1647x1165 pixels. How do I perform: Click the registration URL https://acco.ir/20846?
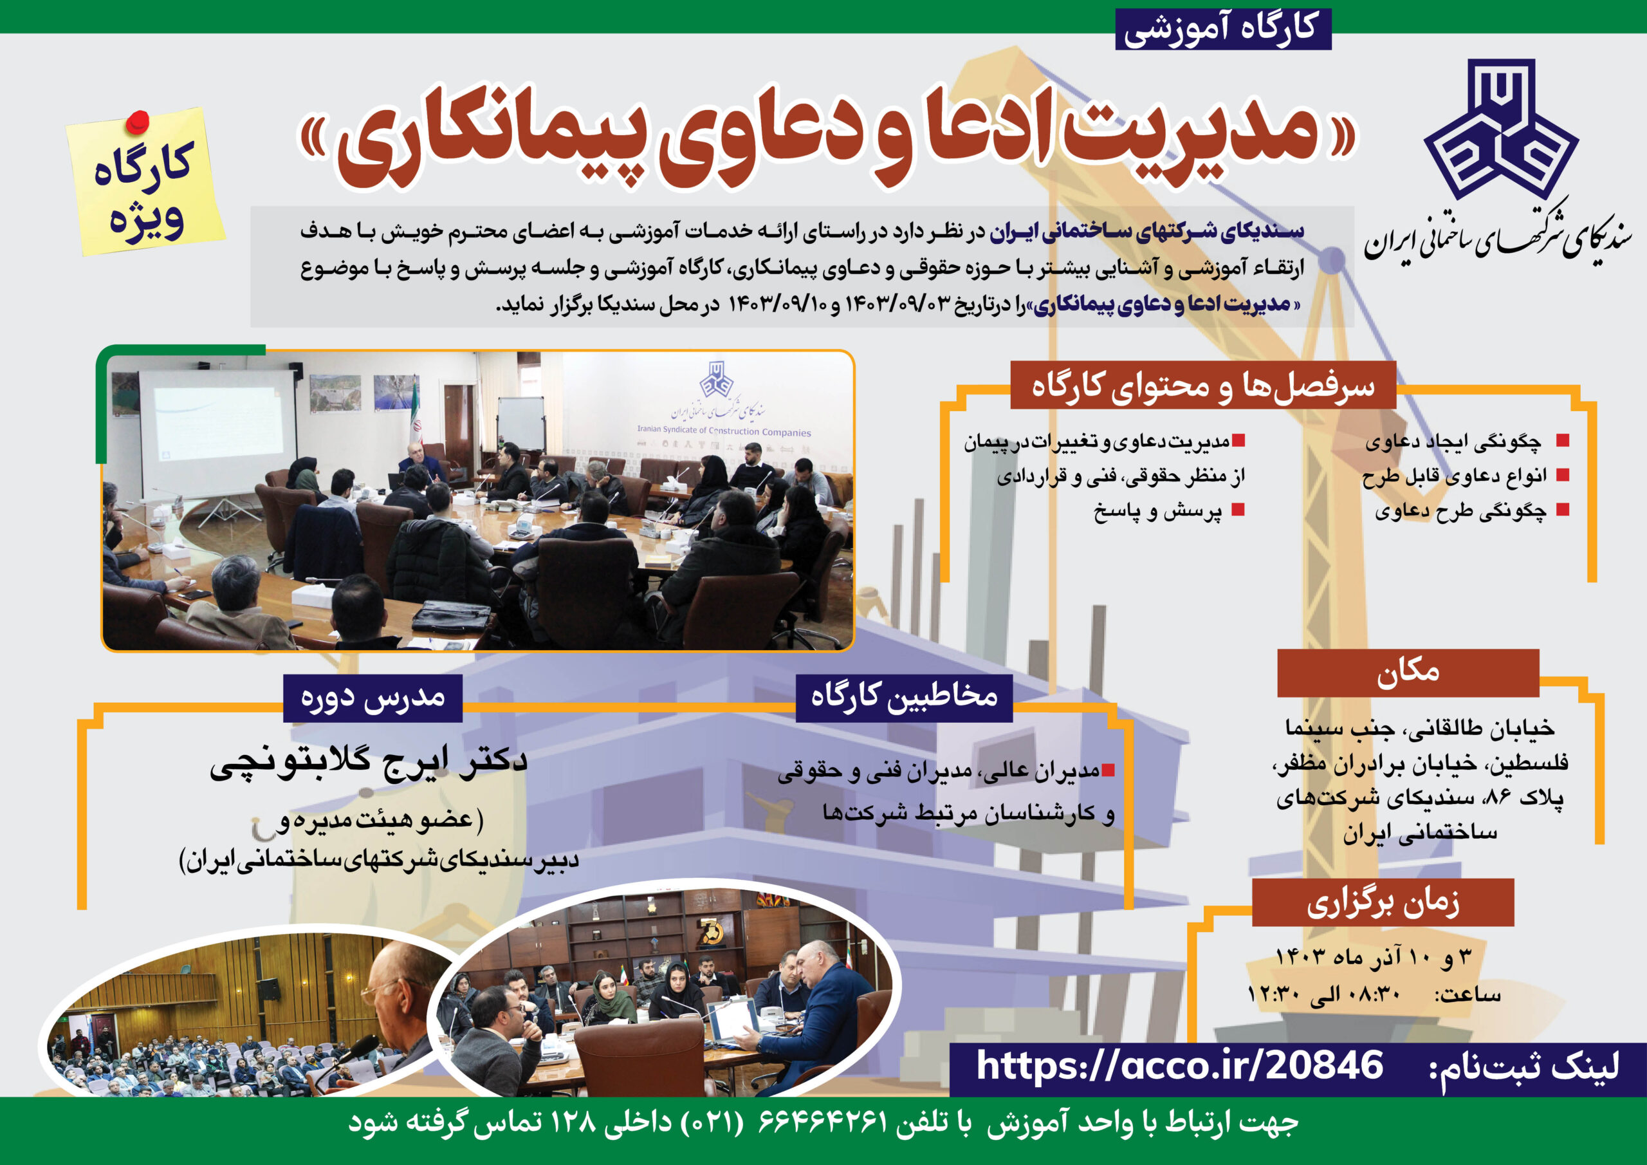[x=1179, y=1065]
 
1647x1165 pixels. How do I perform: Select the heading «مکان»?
[x=1408, y=672]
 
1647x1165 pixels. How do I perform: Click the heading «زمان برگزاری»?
[x=1383, y=902]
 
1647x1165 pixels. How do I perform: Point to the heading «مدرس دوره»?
[x=373, y=698]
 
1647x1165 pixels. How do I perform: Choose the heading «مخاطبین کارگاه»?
[x=904, y=696]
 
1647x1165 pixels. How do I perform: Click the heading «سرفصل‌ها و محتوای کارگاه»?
[x=1203, y=386]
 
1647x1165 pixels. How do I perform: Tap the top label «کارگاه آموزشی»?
[x=1223, y=29]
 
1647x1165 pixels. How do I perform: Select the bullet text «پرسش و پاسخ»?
[x=1157, y=511]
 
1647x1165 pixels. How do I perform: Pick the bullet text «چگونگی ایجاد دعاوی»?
[x=1453, y=442]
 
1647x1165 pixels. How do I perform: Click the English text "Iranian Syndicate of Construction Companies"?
[x=724, y=431]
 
